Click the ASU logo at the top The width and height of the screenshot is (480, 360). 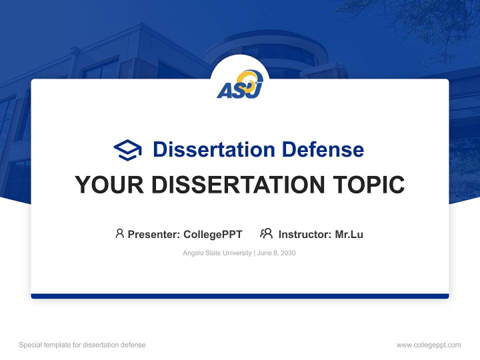pyautogui.click(x=240, y=84)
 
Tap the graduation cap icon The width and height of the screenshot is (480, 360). pyautogui.click(x=127, y=150)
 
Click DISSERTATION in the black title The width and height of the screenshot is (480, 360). pyautogui.click(x=237, y=185)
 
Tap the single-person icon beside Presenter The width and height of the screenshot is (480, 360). pyautogui.click(x=119, y=233)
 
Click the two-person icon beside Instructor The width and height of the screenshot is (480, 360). pyautogui.click(x=266, y=233)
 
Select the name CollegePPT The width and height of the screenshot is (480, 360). pyautogui.click(x=212, y=234)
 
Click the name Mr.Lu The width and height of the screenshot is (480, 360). pyautogui.click(x=349, y=234)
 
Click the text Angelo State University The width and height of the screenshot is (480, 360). pyautogui.click(x=217, y=253)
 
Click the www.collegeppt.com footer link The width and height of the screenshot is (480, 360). pyautogui.click(x=428, y=345)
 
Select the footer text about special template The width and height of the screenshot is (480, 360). pyautogui.click(x=82, y=345)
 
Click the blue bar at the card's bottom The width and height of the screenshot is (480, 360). pyautogui.click(x=240, y=296)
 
